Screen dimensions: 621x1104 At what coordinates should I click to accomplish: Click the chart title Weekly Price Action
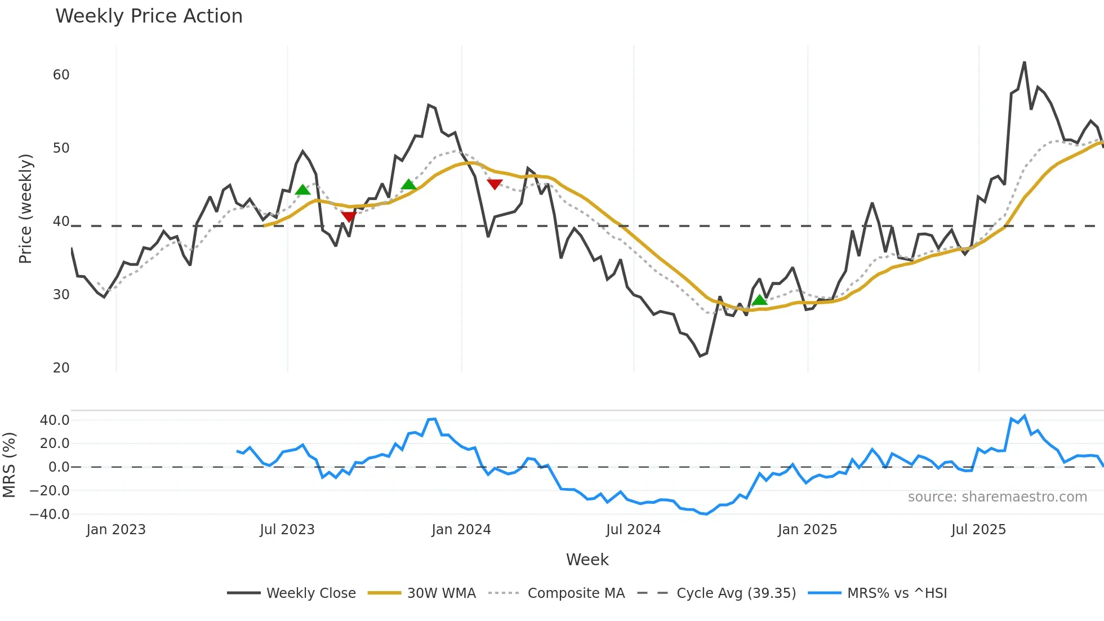(x=149, y=16)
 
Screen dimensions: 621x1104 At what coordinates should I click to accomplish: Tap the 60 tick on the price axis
(x=61, y=75)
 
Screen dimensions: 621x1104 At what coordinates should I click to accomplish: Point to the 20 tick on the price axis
(x=61, y=368)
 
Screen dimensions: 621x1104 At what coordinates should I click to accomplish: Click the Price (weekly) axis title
(x=26, y=209)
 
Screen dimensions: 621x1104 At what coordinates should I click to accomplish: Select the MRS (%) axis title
(x=9, y=465)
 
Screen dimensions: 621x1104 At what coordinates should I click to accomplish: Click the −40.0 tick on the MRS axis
(x=50, y=514)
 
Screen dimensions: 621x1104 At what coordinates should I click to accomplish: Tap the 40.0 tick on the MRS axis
(x=55, y=420)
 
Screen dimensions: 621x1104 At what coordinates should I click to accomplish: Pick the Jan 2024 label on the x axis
(x=461, y=530)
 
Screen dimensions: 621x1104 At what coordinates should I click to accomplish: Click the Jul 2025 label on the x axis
(x=978, y=530)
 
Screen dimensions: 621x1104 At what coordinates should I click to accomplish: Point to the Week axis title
(x=587, y=560)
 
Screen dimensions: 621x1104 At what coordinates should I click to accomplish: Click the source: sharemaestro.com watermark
(x=997, y=497)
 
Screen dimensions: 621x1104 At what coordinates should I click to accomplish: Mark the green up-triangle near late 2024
(x=759, y=300)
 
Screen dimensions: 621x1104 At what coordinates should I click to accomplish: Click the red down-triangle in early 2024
(x=495, y=184)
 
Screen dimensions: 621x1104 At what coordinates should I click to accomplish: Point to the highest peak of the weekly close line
(x=1024, y=62)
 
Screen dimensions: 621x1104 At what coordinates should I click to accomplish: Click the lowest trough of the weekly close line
(x=700, y=356)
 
